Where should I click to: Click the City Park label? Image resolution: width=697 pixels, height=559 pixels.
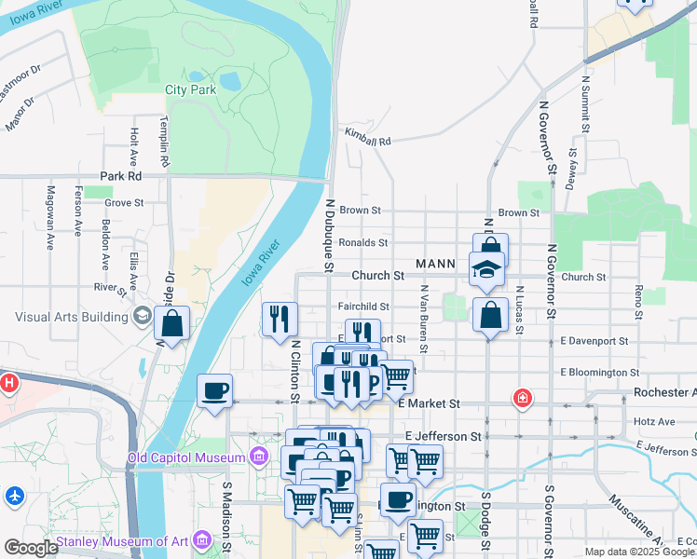tap(190, 89)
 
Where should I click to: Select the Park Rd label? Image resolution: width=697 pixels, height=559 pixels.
tap(120, 175)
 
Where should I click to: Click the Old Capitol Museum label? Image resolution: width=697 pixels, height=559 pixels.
tap(185, 457)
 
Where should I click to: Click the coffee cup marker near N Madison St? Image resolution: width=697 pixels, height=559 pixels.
tap(215, 390)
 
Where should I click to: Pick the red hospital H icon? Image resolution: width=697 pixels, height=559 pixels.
tap(9, 382)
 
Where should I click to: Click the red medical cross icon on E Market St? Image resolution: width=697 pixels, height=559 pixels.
tap(524, 399)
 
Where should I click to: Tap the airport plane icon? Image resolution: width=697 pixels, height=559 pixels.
tap(14, 496)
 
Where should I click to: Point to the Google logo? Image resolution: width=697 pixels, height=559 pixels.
tap(31, 548)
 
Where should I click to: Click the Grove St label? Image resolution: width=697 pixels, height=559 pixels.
tap(124, 201)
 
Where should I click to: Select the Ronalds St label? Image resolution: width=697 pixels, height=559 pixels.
tap(362, 242)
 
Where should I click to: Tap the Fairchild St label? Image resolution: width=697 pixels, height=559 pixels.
tap(362, 307)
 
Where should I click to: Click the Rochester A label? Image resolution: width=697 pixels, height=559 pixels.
tap(664, 392)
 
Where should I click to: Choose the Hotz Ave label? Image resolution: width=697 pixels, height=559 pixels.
tap(653, 421)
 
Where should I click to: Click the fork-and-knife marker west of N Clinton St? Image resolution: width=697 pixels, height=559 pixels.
tap(280, 320)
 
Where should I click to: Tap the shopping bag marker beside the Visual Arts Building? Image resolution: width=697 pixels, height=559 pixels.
tap(172, 324)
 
